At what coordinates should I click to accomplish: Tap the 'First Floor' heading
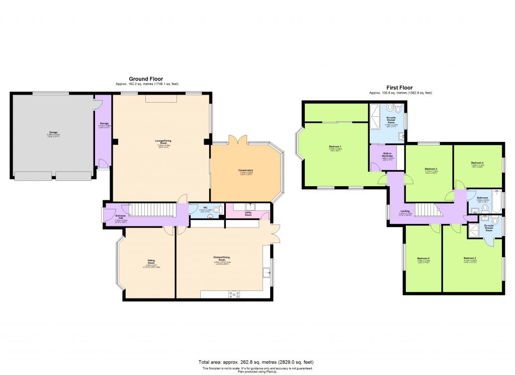click(x=400, y=88)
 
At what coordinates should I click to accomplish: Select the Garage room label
click(x=53, y=132)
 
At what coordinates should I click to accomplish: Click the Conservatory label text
click(x=245, y=170)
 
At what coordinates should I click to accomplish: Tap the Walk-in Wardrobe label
click(x=387, y=154)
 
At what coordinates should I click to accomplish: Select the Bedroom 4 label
click(x=477, y=163)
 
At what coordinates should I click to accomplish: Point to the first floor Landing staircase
click(x=426, y=209)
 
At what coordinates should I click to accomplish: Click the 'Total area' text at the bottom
click(x=256, y=362)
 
